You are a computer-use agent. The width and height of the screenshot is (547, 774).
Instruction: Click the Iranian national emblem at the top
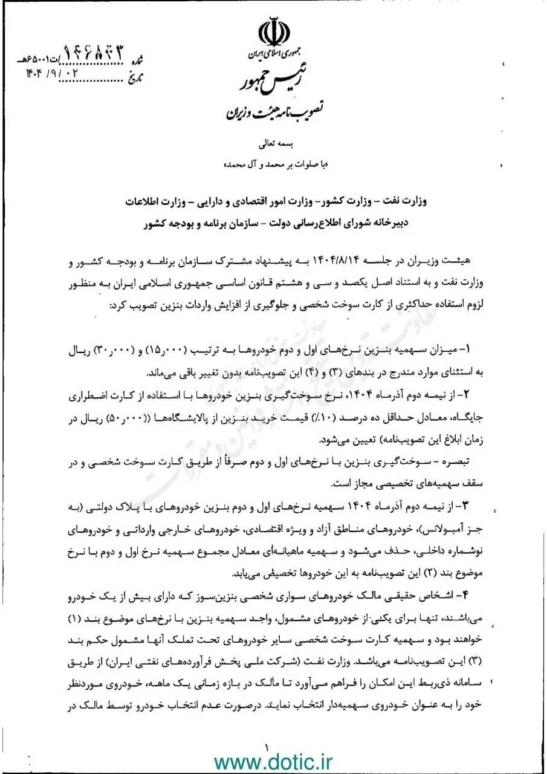273,37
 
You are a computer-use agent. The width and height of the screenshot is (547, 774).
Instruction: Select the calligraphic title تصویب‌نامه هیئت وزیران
274,112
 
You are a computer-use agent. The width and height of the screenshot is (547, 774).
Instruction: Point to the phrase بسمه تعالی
273,145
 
